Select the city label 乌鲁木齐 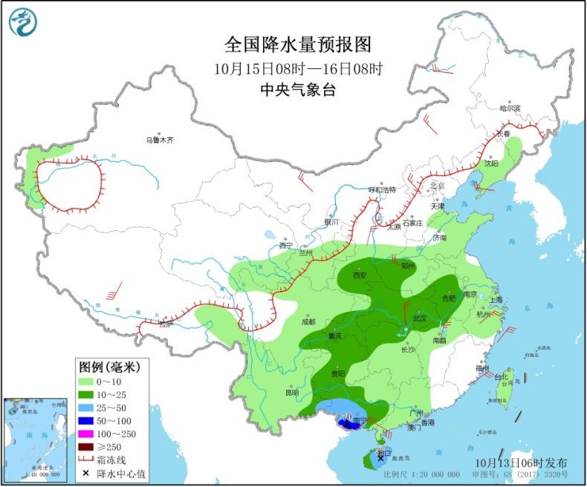pos(159,140)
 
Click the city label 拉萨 pos(165,324)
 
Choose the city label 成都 pos(308,321)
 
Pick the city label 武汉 pos(420,318)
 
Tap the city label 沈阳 pos(491,163)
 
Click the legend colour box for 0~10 pos(90,382)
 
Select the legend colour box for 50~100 pos(90,420)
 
